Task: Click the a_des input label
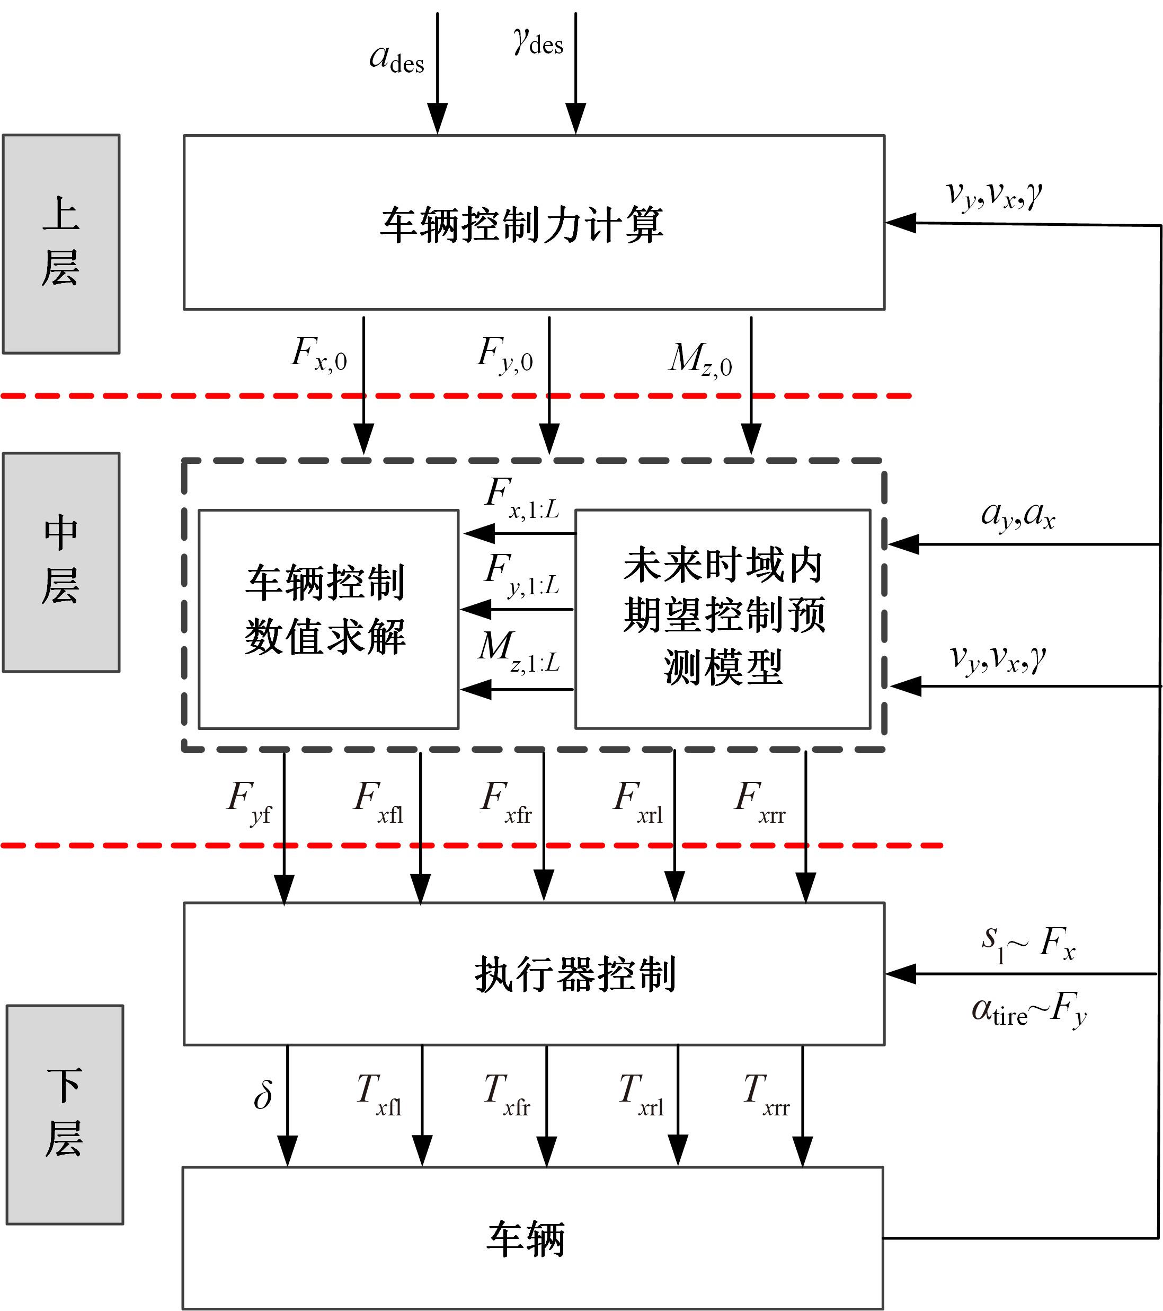point(397,59)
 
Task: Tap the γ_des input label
point(538,42)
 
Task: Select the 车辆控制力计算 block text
point(522,224)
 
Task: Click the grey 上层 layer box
point(61,243)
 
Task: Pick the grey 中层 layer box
point(61,562)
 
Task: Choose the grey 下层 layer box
point(65,1115)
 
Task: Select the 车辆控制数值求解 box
point(329,619)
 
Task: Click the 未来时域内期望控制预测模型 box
point(723,619)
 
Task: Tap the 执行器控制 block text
point(575,974)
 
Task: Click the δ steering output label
point(263,1094)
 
